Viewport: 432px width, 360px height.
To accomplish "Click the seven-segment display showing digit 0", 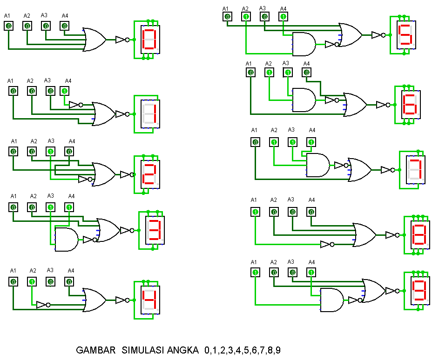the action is (150, 40).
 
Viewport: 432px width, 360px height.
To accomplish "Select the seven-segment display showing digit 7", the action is (415, 170).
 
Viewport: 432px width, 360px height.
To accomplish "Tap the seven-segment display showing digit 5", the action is (406, 35).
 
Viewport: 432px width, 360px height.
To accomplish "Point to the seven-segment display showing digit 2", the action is (150, 174).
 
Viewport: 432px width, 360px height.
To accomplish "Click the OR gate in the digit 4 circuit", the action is (94, 300).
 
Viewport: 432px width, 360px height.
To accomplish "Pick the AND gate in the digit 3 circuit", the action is (67, 239).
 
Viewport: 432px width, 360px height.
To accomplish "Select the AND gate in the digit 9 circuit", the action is (332, 300).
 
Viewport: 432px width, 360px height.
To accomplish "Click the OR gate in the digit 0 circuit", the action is (94, 40).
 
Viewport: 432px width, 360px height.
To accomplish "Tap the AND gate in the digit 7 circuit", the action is (318, 165).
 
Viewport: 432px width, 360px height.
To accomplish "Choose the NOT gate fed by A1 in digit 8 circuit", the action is (327, 244).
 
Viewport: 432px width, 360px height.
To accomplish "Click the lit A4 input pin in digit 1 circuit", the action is (64, 91).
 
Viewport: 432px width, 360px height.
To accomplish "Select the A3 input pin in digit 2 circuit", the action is (50, 151).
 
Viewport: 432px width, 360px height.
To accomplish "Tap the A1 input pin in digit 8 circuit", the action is (256, 212).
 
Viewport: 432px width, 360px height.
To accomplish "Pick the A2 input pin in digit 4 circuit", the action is (32, 281).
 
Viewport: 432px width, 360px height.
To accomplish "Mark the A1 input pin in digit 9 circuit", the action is (256, 273).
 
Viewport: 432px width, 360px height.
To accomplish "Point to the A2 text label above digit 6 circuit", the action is (268, 64).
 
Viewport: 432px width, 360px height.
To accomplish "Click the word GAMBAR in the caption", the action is (95, 350).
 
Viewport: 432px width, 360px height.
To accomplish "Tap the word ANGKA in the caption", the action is (182, 350).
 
